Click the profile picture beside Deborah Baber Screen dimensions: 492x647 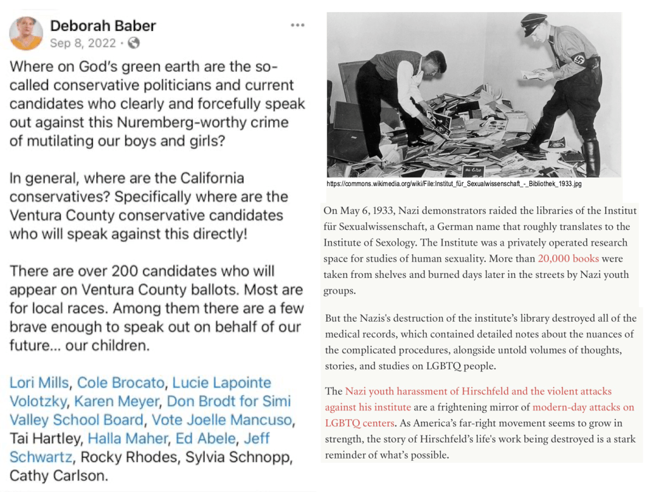point(27,34)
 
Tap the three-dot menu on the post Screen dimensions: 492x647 point(297,25)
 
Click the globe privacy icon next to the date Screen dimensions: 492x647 point(133,43)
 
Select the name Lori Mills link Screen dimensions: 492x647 point(39,383)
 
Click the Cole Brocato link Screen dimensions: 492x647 point(120,383)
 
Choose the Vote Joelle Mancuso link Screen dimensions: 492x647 point(221,420)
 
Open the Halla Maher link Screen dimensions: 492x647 point(127,438)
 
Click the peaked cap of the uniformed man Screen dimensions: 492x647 point(534,21)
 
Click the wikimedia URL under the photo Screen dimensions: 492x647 point(453,184)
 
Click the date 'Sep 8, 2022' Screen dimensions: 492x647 point(83,43)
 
